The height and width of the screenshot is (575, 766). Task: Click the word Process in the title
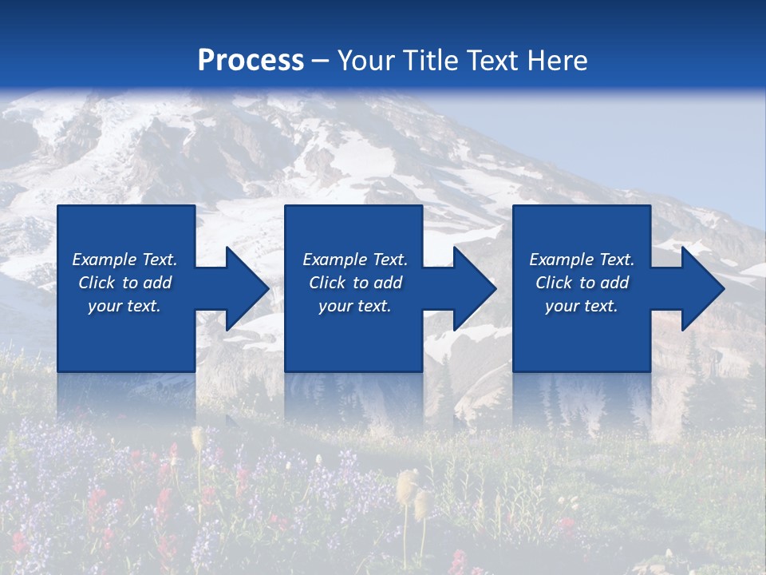(x=251, y=61)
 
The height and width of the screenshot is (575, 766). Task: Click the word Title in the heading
(x=432, y=61)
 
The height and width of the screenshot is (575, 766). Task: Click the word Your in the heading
(x=368, y=61)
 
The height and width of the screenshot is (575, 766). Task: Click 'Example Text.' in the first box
(x=124, y=260)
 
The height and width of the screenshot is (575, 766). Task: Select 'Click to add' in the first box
(x=124, y=283)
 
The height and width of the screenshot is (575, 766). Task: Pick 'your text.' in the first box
(x=124, y=306)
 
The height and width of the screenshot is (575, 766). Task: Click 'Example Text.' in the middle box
(x=355, y=260)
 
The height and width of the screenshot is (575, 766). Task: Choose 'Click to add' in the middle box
(x=355, y=283)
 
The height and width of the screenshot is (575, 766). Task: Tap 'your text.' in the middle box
(x=355, y=306)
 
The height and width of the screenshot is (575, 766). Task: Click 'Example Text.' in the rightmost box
(x=582, y=260)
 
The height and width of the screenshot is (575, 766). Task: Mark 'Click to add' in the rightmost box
(x=582, y=283)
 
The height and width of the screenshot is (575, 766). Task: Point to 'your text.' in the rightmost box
(x=582, y=306)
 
